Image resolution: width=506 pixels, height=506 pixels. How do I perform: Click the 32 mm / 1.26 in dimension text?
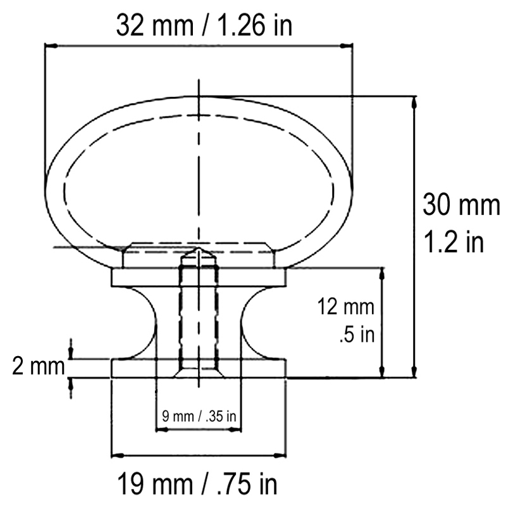[x=204, y=25]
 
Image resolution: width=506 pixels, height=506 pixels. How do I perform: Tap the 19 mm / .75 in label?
[x=197, y=483]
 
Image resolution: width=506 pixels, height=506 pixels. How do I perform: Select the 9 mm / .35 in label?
[x=199, y=416]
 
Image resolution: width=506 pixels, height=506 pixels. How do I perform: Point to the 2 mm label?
[x=39, y=367]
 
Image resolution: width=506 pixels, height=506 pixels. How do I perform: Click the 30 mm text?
[x=461, y=204]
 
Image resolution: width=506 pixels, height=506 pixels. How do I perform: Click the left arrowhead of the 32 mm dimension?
[x=52, y=46]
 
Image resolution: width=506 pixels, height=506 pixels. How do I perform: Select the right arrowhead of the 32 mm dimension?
[x=345, y=46]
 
